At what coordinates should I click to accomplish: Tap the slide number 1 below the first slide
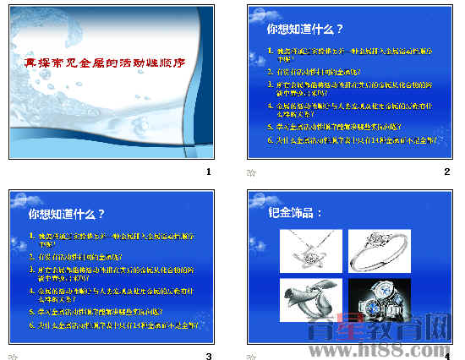[x=208, y=172]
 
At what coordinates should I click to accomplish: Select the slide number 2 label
[x=447, y=172]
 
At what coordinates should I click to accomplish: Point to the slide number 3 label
[x=208, y=356]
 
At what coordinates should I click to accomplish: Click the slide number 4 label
[x=447, y=356]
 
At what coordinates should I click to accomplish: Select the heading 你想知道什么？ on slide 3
[x=67, y=214]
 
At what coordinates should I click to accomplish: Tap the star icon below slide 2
[x=250, y=172]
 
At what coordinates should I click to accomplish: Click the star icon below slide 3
[x=12, y=356]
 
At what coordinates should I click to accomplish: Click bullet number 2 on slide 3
[x=32, y=254]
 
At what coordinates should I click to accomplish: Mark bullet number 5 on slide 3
[x=32, y=311]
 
